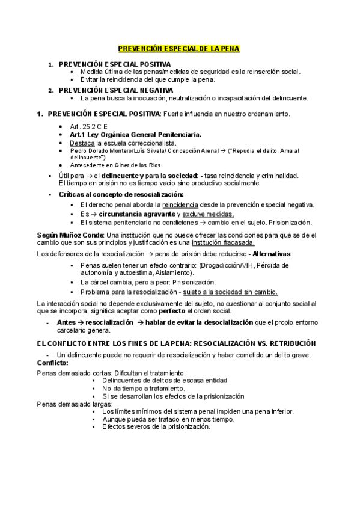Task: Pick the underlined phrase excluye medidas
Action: click(208, 214)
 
